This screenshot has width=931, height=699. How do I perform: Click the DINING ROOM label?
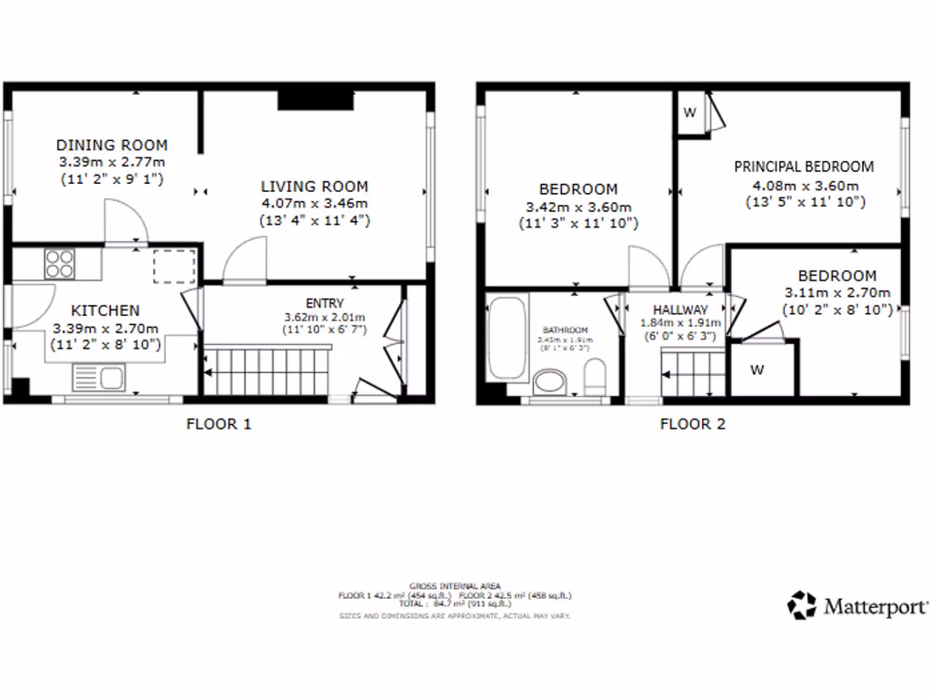[x=112, y=145]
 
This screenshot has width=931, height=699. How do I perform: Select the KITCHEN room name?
[x=105, y=310]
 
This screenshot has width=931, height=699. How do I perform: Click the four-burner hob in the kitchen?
[x=61, y=263]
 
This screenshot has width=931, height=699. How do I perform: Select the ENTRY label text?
[x=325, y=303]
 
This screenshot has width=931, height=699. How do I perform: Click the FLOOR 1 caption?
[x=218, y=423]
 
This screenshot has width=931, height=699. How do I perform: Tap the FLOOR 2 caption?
[x=692, y=423]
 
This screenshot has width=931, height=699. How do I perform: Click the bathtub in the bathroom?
[x=505, y=339]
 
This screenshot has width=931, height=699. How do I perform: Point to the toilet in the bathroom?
[x=596, y=378]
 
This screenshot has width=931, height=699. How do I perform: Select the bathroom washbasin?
[x=550, y=380]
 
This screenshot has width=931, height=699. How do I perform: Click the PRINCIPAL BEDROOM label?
[x=804, y=167]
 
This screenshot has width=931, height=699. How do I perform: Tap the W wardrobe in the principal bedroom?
[x=690, y=114]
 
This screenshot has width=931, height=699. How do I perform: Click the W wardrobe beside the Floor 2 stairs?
[x=756, y=370]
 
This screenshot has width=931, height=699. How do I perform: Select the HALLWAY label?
[x=674, y=309]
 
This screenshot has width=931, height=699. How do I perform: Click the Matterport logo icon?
[x=802, y=604]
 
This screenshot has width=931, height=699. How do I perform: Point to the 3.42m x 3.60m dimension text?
[x=577, y=207]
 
